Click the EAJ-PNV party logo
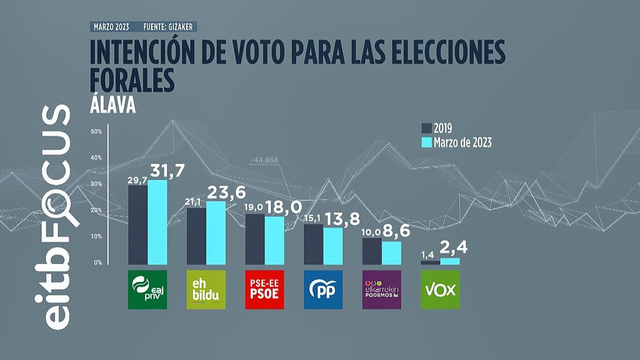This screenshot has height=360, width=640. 148,290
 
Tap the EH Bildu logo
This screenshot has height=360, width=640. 206,290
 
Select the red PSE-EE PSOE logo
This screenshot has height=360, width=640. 265,290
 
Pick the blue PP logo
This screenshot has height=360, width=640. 323,290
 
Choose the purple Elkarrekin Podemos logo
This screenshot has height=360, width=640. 381,290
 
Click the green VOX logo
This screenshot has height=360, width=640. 440,290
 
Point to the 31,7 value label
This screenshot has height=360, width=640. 169,172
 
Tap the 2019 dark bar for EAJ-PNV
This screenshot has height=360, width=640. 138,225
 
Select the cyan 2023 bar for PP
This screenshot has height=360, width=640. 333,246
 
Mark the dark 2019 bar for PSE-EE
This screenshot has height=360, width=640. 255,239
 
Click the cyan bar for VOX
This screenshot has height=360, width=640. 450,261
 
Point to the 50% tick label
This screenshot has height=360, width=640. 97,132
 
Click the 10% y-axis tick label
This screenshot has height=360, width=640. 97,236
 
